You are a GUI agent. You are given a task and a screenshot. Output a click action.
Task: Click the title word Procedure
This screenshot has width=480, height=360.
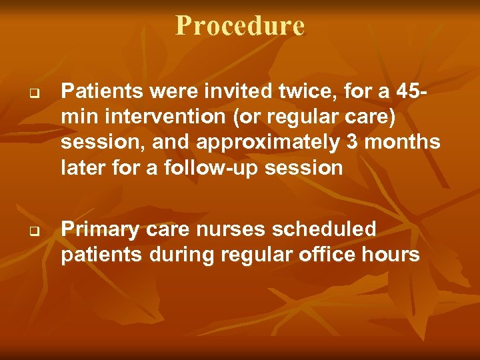[x=240, y=26]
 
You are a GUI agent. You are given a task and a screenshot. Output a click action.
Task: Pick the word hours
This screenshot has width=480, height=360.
[x=393, y=255]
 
